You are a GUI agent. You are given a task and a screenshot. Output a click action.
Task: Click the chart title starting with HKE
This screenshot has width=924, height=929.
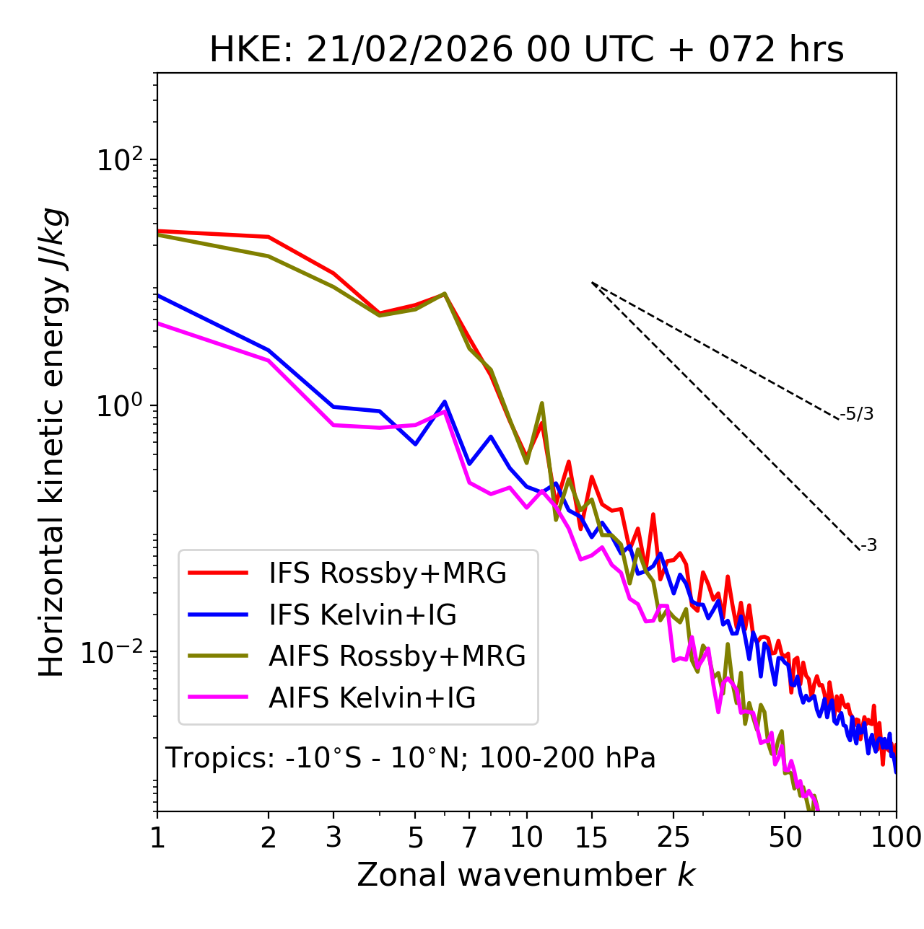[526, 50]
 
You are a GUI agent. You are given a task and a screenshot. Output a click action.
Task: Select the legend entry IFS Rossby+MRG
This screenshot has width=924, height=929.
[388, 573]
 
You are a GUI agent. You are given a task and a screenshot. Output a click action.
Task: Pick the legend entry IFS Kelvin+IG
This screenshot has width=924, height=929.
[362, 615]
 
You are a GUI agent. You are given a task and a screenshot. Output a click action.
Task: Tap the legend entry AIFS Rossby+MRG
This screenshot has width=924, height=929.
[397, 656]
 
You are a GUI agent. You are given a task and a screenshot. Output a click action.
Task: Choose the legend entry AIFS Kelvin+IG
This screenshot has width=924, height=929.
[372, 698]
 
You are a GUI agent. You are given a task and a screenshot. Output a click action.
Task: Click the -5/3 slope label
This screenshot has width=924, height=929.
[857, 414]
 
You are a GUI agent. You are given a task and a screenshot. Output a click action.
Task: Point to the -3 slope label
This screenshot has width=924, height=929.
[868, 546]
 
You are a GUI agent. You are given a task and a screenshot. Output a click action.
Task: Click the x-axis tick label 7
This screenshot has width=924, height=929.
[469, 837]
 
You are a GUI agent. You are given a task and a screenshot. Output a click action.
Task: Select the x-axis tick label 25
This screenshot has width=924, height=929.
[674, 837]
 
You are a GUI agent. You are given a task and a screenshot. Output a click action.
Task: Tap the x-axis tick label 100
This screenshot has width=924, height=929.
[896, 837]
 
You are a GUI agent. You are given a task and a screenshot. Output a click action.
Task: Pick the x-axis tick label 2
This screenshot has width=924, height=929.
[269, 837]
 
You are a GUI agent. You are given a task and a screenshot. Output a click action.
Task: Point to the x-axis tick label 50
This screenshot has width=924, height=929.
[785, 837]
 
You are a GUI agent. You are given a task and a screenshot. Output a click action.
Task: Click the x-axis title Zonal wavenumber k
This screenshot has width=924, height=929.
[526, 875]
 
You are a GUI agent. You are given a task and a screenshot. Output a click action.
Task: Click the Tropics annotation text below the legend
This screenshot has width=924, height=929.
[411, 759]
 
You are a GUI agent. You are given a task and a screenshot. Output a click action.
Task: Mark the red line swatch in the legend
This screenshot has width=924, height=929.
[218, 573]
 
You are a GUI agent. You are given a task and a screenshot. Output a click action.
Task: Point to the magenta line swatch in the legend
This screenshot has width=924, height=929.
[218, 698]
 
